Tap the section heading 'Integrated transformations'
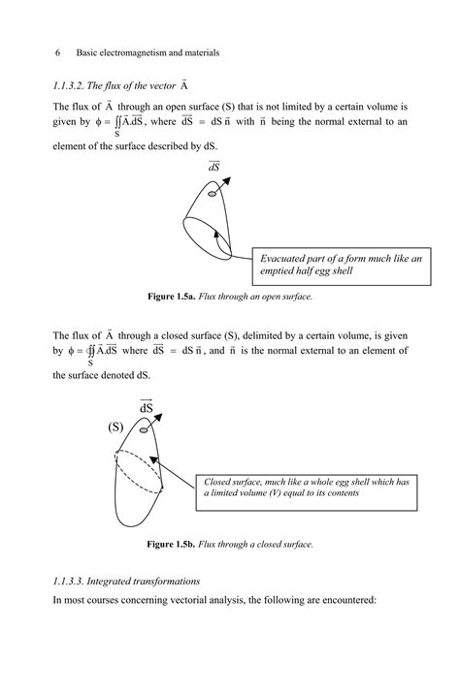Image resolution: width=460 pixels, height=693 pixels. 155,581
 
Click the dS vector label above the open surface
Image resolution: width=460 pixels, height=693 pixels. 214,167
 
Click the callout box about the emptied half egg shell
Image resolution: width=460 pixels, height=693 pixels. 341,265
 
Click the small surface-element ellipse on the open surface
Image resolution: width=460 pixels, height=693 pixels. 213,196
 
